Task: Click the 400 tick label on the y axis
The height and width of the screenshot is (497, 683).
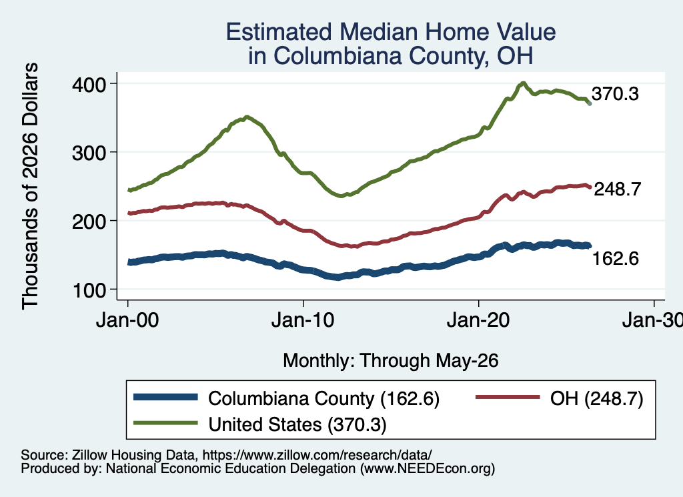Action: (89, 84)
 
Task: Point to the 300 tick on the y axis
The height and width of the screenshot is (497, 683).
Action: (89, 153)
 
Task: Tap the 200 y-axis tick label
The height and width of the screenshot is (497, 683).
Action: (89, 221)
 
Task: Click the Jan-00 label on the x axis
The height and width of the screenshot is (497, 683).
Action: (127, 321)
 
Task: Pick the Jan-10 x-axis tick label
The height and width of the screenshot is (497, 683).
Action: (303, 321)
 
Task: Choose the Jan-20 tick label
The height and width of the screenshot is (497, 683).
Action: (478, 321)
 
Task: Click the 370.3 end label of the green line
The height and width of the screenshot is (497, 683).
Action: (615, 93)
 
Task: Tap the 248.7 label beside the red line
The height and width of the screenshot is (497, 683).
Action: (618, 189)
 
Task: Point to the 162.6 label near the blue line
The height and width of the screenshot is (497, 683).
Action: (616, 258)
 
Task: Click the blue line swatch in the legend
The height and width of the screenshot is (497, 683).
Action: (165, 397)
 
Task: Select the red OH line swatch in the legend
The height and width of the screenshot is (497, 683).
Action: (508, 397)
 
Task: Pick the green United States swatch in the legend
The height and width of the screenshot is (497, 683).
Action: (165, 423)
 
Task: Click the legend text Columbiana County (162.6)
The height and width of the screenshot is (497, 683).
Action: (323, 398)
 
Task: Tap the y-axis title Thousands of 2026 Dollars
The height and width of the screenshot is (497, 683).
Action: (30, 186)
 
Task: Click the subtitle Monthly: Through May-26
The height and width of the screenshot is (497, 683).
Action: (391, 361)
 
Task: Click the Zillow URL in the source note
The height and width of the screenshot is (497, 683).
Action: (317, 455)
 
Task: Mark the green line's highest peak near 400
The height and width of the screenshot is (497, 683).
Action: (523, 83)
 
